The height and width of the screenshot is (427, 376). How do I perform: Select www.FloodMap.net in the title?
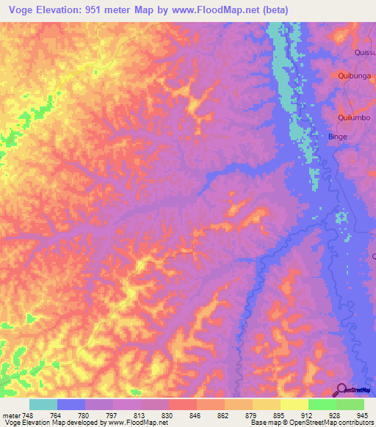pos(214,10)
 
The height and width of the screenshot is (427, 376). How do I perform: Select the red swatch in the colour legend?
pos(182,404)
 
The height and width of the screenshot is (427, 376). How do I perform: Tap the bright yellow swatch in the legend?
pos(294,404)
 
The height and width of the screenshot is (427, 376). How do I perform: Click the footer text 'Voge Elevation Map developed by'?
pos(54,423)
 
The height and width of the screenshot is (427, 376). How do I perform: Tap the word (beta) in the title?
pos(272,10)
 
